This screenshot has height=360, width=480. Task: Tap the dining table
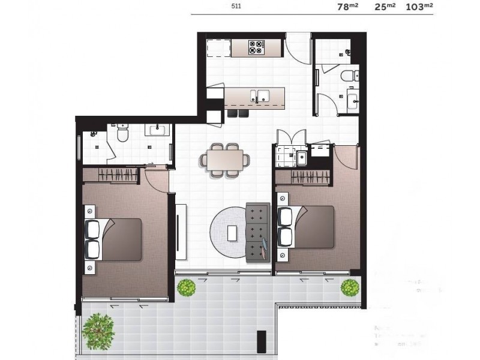click(x=226, y=160)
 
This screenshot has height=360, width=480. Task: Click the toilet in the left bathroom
click(x=122, y=134)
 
